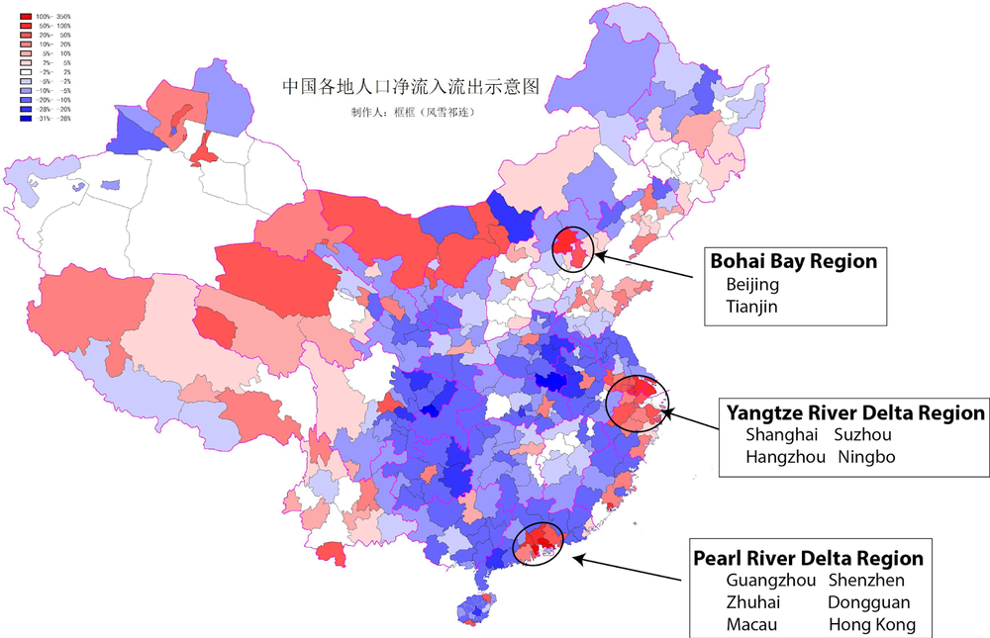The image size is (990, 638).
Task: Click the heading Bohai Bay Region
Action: pyautogui.click(x=794, y=261)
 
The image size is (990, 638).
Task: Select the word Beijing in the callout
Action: pyautogui.click(x=752, y=285)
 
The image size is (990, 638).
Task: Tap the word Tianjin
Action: pyautogui.click(x=752, y=307)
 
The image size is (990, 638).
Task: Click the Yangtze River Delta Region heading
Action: pyautogui.click(x=855, y=411)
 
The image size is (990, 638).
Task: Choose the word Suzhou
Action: pyautogui.click(x=863, y=435)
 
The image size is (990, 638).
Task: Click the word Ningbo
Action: pyautogui.click(x=866, y=457)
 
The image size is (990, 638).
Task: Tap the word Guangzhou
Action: pyautogui.click(x=771, y=581)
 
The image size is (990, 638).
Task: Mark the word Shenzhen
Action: pyautogui.click(x=866, y=581)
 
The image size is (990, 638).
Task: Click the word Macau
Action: pyautogui.click(x=751, y=624)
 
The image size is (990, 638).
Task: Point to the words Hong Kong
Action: pyautogui.click(x=871, y=624)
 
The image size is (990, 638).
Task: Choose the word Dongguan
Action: pyautogui.click(x=868, y=602)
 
